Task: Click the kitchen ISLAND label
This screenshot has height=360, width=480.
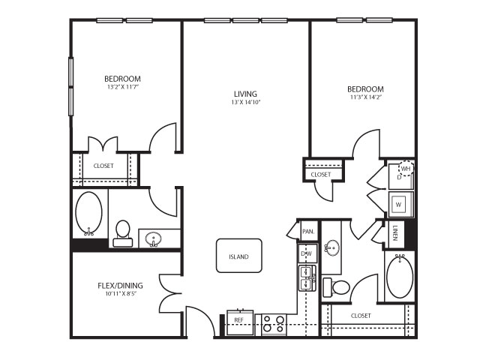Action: pyautogui.click(x=238, y=256)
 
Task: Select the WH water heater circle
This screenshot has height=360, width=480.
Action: pyautogui.click(x=406, y=168)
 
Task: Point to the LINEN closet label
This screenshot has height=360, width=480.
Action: pyautogui.click(x=395, y=233)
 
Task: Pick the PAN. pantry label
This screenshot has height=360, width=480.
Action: pyautogui.click(x=308, y=232)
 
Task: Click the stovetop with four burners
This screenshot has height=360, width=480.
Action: pyautogui.click(x=274, y=324)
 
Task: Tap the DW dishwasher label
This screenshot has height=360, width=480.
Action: pyautogui.click(x=307, y=253)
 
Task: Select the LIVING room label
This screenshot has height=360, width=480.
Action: pyautogui.click(x=245, y=94)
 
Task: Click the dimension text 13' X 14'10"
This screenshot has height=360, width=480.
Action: pyautogui.click(x=245, y=103)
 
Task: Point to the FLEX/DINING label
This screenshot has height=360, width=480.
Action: pyautogui.click(x=120, y=286)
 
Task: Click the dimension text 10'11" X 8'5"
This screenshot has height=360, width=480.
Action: pyautogui.click(x=120, y=294)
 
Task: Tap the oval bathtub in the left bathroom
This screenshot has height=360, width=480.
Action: pyautogui.click(x=88, y=214)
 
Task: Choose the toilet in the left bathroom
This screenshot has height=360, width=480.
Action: pyautogui.click(x=123, y=233)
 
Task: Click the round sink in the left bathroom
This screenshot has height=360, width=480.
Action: pyautogui.click(x=153, y=238)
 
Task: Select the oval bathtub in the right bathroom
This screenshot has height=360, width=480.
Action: pyautogui.click(x=400, y=276)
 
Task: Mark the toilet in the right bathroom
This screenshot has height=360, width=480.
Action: pyautogui.click(x=337, y=287)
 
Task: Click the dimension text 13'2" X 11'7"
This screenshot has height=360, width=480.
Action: pyautogui.click(x=123, y=87)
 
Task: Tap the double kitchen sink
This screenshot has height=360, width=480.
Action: pyautogui.click(x=307, y=278)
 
